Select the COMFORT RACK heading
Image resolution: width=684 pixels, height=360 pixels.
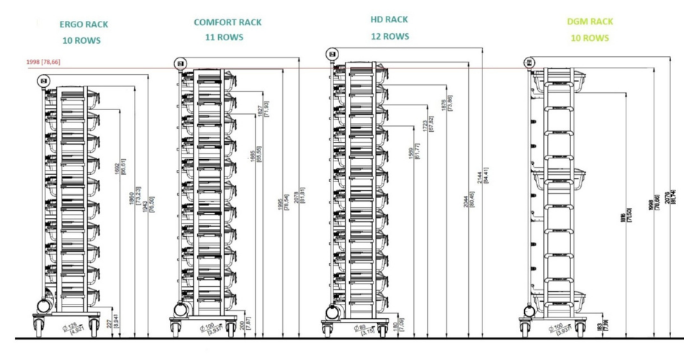pos(228,22)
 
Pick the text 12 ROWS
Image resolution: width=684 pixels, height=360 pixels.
pos(390,36)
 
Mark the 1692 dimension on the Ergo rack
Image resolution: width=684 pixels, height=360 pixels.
pos(117,169)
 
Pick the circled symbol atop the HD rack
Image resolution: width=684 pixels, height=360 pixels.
pos(332,53)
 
